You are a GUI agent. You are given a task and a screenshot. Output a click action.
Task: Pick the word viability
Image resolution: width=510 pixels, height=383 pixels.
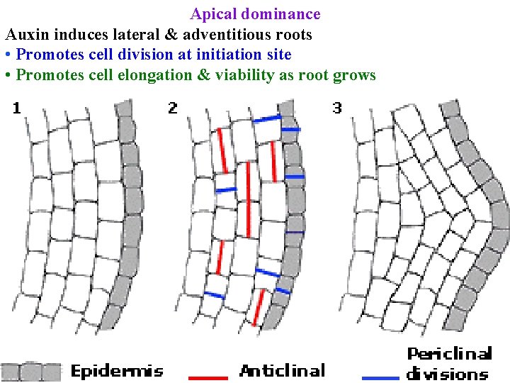[x=240, y=75]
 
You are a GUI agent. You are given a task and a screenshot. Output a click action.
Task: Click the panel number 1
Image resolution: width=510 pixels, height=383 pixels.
[x=16, y=108]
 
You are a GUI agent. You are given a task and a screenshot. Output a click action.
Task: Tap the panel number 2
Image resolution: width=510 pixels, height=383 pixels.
[x=173, y=108]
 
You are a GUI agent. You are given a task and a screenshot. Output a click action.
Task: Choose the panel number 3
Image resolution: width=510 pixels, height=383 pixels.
[x=337, y=108]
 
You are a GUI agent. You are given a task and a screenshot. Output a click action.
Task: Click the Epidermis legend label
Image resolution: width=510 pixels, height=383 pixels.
[x=117, y=370]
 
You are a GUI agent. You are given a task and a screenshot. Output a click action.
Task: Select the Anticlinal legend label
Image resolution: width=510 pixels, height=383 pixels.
[x=283, y=370]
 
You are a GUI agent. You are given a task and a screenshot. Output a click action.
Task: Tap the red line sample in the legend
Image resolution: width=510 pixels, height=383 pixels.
[x=208, y=377]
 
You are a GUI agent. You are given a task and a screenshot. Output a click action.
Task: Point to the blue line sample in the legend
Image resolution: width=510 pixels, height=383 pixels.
[x=380, y=377]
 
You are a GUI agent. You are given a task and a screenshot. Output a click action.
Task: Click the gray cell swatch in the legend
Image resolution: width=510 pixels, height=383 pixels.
[x=31, y=372]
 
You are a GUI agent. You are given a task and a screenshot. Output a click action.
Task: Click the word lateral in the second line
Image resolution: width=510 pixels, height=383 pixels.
[x=114, y=34]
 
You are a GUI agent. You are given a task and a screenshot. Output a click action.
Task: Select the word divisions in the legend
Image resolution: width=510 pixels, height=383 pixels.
[x=447, y=374]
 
